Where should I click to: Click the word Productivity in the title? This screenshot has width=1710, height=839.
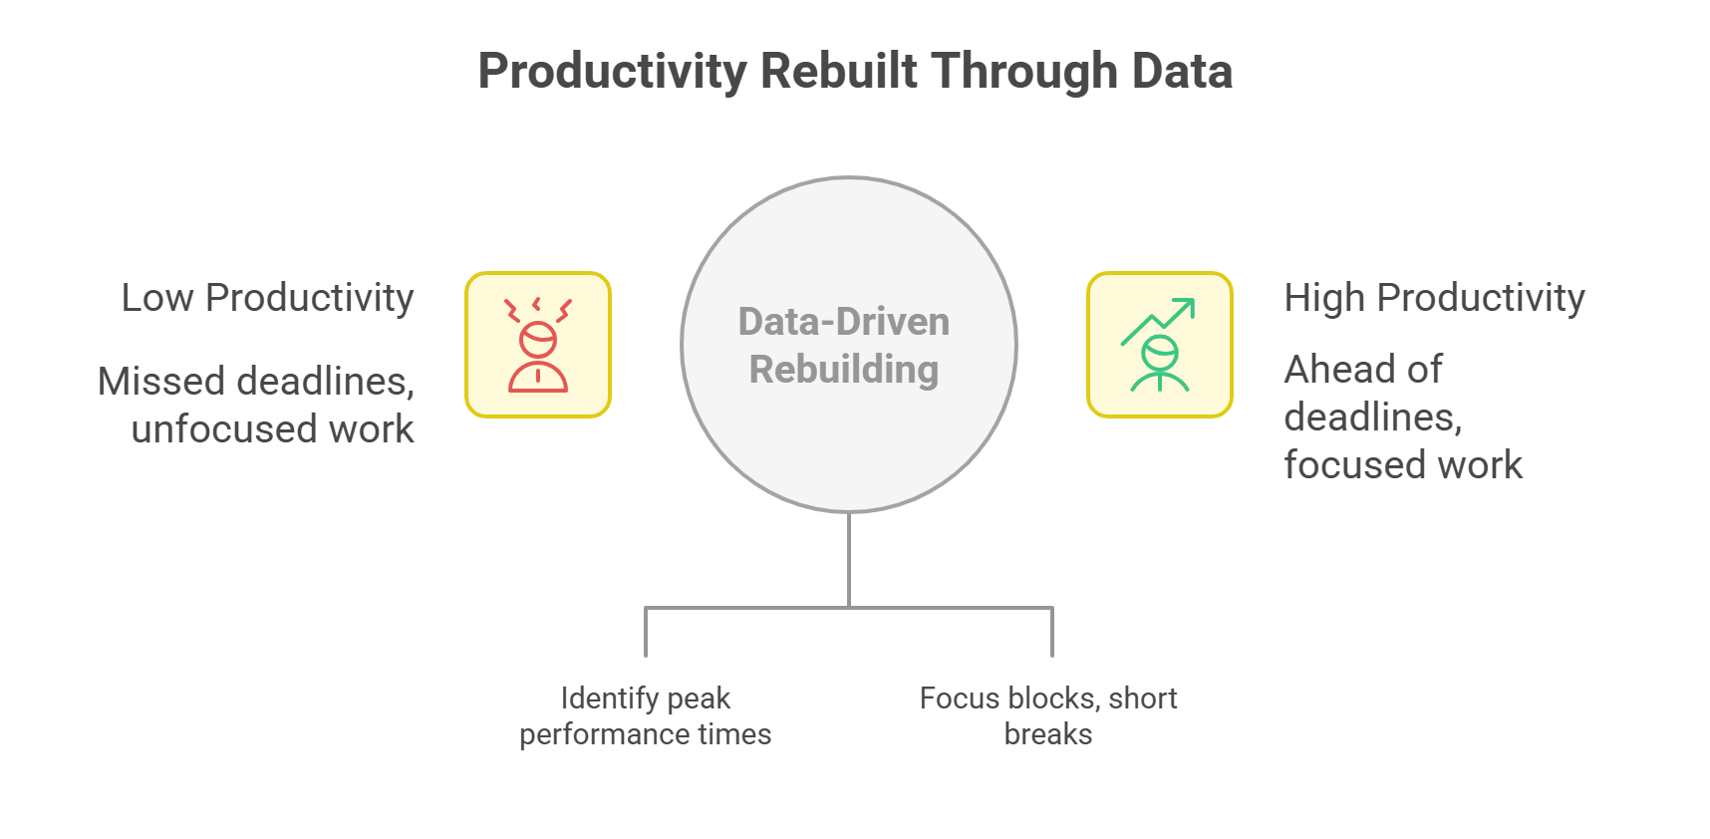click(x=612, y=72)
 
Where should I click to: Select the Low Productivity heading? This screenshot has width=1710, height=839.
click(x=267, y=297)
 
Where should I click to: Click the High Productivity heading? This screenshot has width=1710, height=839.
click(x=1434, y=297)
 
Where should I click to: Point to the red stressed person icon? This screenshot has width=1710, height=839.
click(x=538, y=345)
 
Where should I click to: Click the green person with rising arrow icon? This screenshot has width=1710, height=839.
click(x=1159, y=345)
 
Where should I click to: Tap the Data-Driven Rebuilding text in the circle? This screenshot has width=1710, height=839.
click(x=844, y=345)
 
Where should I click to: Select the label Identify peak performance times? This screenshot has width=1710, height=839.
click(x=645, y=715)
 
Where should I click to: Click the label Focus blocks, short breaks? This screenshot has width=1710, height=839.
click(x=1047, y=715)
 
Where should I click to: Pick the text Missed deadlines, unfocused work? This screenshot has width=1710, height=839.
click(x=256, y=405)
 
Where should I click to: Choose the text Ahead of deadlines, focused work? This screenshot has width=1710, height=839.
click(x=1402, y=417)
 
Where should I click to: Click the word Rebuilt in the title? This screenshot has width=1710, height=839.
click(x=838, y=72)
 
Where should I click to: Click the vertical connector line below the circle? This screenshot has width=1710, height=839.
click(x=849, y=558)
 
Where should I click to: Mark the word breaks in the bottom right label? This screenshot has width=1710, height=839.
click(x=1047, y=734)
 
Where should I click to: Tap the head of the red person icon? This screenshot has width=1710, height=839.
click(x=538, y=339)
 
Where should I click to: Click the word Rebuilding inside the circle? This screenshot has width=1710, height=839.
click(x=844, y=370)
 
